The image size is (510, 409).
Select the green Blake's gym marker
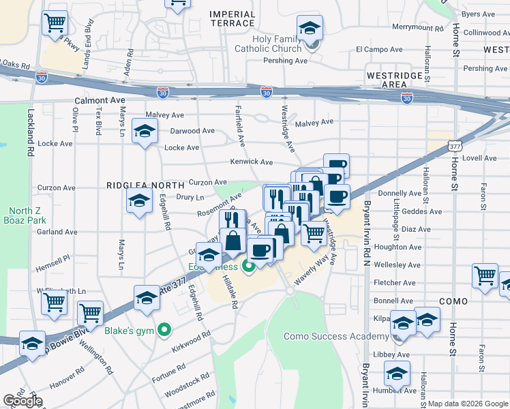tap(164, 331)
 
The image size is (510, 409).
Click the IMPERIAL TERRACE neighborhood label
tap(232, 18)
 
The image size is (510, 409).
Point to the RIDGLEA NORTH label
tap(145, 185)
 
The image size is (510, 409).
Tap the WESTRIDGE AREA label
tap(386, 79)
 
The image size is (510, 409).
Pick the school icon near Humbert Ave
tap(397, 374)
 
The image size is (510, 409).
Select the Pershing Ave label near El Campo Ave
tap(286, 61)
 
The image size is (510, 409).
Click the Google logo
tap(22, 401)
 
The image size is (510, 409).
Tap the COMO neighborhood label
tap(453, 301)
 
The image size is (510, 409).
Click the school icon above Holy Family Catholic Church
tap(310, 28)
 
